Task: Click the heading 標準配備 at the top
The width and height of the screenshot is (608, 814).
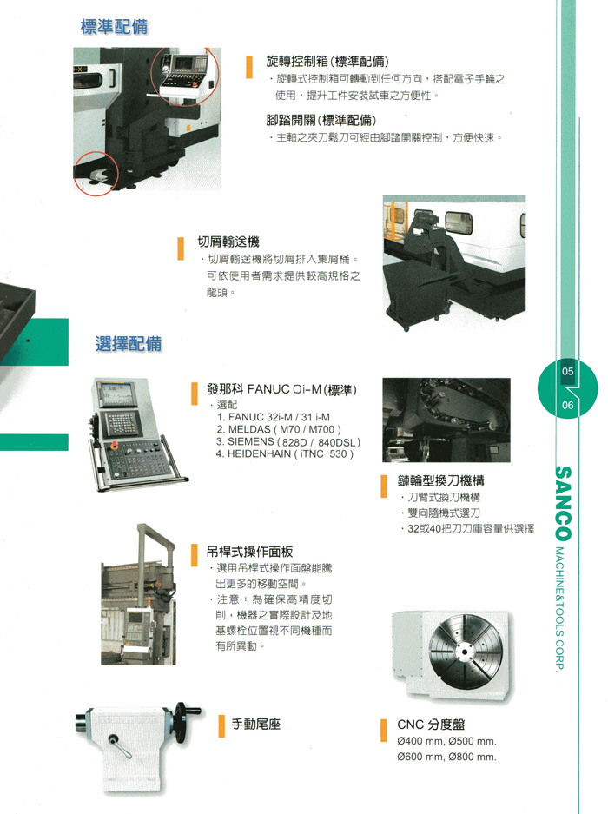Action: pos(115,26)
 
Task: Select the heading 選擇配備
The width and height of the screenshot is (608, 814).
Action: pos(129,344)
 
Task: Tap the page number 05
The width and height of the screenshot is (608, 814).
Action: pos(567,372)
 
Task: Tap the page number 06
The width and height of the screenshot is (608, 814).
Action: pos(567,405)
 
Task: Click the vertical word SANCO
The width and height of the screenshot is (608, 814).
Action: pos(564,503)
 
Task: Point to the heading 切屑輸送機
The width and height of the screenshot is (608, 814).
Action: pos(228,242)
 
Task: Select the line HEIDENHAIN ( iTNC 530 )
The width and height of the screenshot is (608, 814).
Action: pos(285,453)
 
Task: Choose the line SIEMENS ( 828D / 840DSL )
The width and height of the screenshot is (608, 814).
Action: pos(288,442)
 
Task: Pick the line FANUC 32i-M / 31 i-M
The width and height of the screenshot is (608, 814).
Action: pos(274,417)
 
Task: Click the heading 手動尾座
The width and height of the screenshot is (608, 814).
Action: pos(256,724)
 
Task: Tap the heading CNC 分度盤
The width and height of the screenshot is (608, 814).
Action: pos(431,725)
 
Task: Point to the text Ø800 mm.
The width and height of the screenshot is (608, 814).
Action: pos(473,757)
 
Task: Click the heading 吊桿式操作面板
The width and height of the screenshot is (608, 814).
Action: pos(250,552)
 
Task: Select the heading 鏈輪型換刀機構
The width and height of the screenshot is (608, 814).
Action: pos(441,480)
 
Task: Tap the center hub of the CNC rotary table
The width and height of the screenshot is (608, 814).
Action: pos(462,652)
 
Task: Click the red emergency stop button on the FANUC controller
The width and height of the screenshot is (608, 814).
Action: pos(115,445)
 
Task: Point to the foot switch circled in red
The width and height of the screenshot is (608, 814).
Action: pos(97,175)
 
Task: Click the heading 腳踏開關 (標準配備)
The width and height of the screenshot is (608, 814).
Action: pos(321,121)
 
